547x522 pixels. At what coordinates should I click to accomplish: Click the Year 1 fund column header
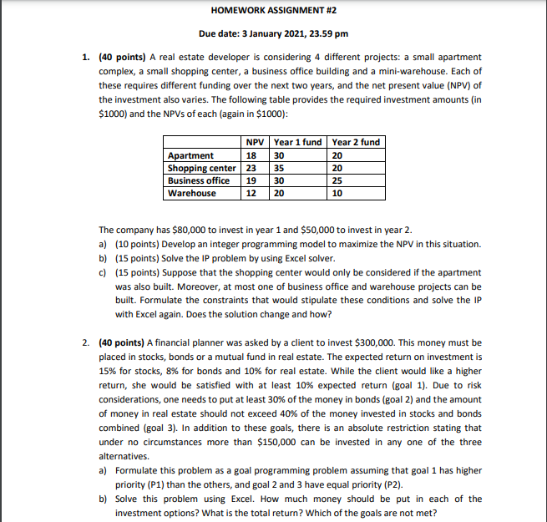(x=298, y=142)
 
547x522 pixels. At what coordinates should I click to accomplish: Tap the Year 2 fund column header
(x=357, y=142)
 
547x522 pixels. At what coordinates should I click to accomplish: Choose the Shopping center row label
(x=201, y=168)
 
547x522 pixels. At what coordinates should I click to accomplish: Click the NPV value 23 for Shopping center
(x=251, y=168)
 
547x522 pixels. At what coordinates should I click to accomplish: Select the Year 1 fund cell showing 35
(x=280, y=168)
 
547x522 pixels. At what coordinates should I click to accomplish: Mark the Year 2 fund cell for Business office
(x=337, y=180)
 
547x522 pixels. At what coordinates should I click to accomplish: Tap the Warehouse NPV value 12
(x=251, y=193)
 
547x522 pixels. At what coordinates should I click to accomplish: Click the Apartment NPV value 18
(x=251, y=155)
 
